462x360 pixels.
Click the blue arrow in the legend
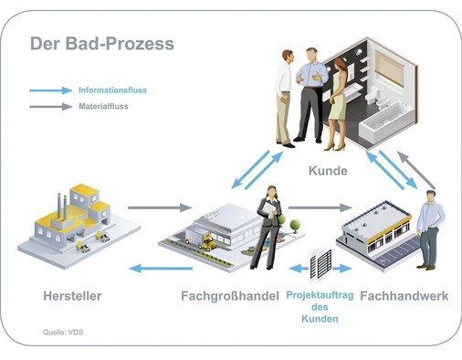(x=50, y=90)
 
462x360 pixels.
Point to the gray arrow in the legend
(x=50, y=107)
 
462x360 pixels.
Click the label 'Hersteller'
(x=72, y=295)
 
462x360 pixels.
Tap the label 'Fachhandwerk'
(x=403, y=295)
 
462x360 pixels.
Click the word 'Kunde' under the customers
(x=328, y=171)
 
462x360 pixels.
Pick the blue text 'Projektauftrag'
(x=320, y=295)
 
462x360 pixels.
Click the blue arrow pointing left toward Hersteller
(x=161, y=268)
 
